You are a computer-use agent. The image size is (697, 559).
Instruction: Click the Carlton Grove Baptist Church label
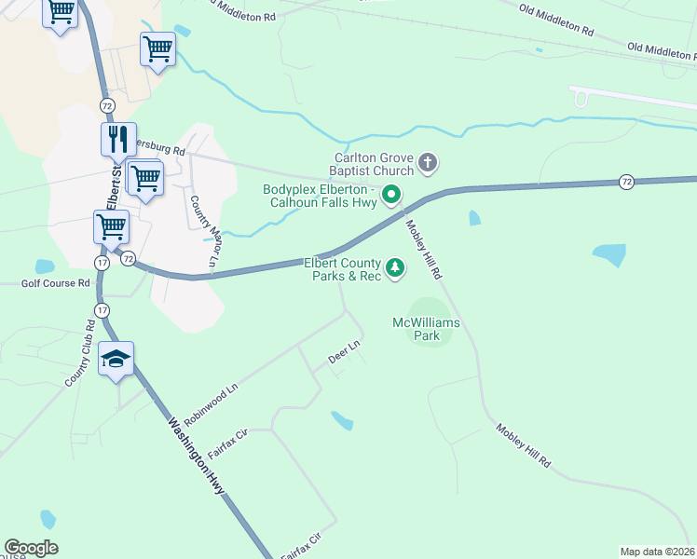(373, 164)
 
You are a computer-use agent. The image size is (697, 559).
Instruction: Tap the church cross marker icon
(428, 165)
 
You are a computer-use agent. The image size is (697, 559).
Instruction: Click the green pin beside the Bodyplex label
(392, 195)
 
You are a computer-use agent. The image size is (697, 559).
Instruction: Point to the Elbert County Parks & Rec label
(342, 269)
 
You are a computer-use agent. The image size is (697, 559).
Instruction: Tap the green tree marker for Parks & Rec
(397, 269)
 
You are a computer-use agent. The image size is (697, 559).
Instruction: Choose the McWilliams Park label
(426, 329)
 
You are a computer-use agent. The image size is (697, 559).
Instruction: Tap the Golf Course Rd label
(57, 282)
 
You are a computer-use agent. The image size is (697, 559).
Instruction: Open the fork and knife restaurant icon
(118, 140)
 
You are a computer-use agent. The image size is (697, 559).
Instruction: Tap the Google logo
(31, 548)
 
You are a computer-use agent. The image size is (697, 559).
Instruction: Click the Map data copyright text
(657, 552)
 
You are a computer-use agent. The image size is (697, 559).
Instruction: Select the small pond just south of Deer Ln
(342, 421)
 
